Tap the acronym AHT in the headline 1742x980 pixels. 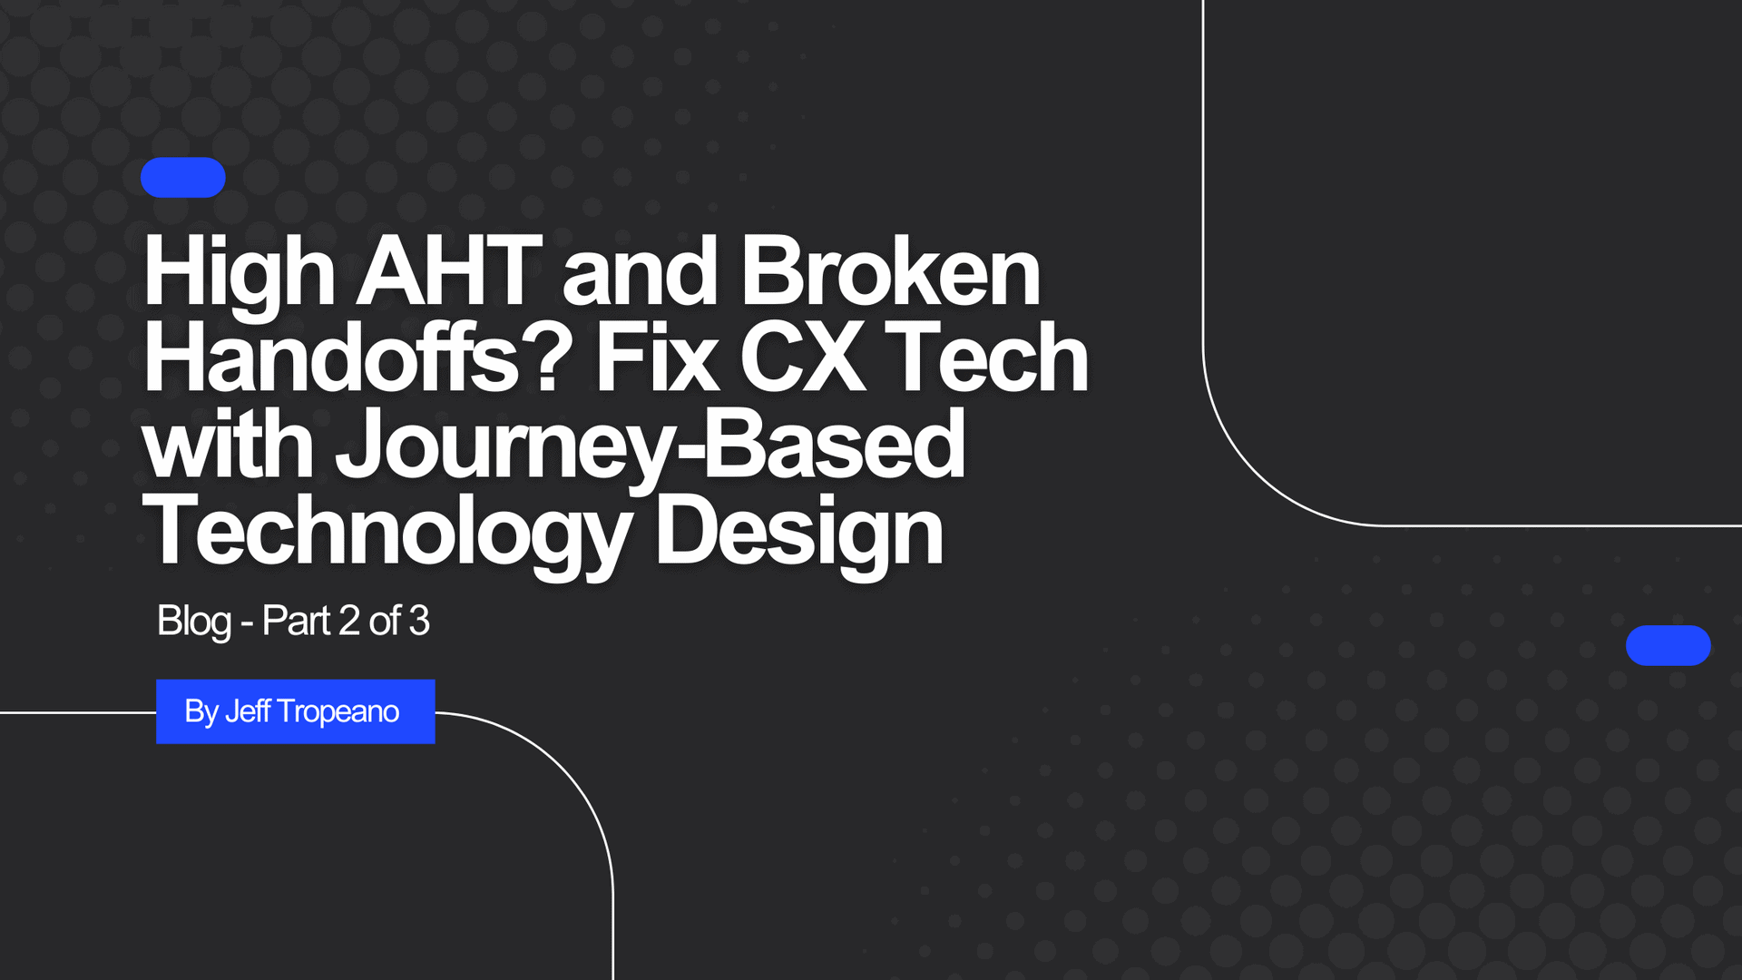coord(449,270)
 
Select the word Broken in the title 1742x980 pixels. coord(891,270)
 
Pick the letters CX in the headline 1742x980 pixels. coord(802,358)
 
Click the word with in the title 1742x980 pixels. coord(228,444)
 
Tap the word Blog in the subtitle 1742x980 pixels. coord(194,622)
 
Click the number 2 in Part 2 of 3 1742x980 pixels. coord(349,621)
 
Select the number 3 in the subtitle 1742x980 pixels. coord(419,621)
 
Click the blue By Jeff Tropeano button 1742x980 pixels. coord(296,711)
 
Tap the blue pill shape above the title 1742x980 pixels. coord(183,178)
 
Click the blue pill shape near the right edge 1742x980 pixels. coord(1669,645)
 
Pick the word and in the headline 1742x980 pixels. coord(641,270)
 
